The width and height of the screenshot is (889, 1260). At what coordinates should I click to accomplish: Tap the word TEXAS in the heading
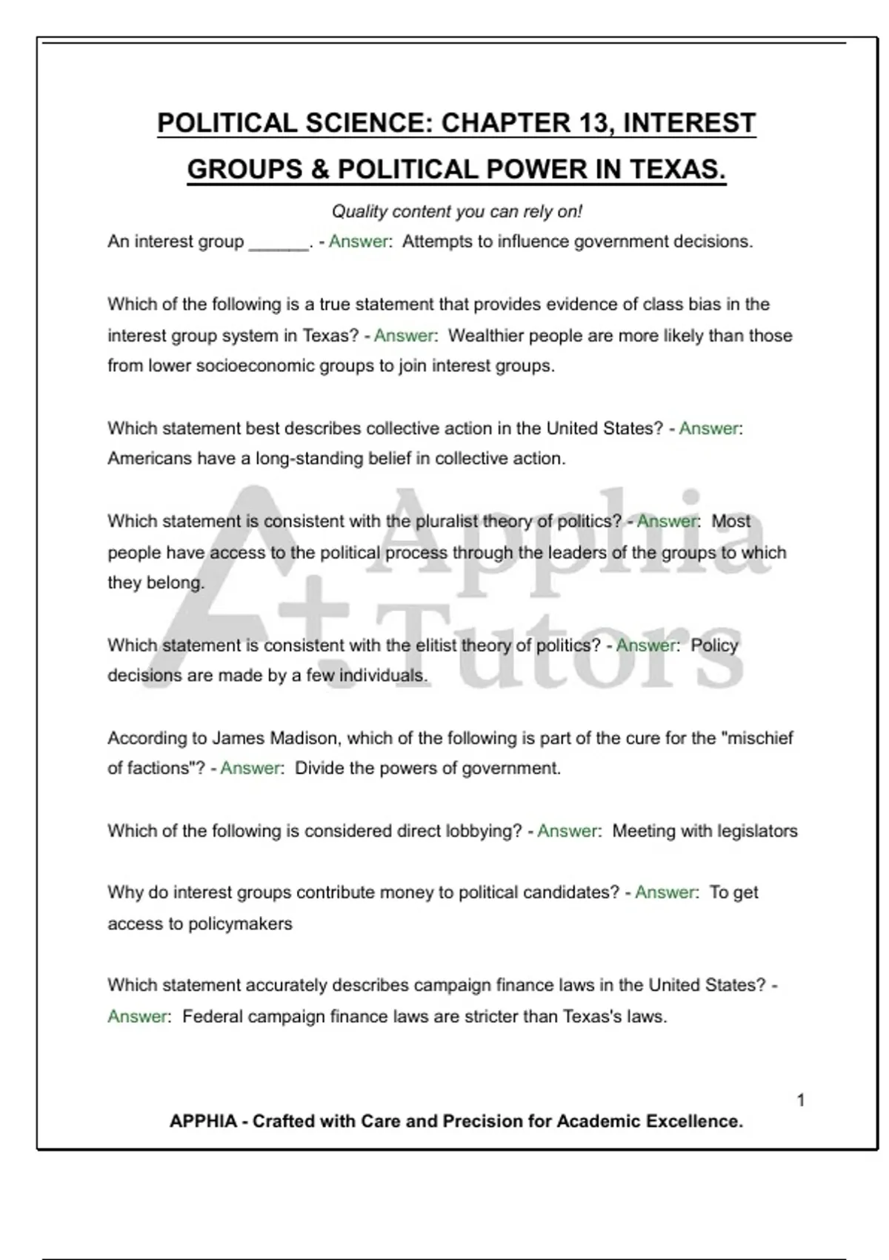coord(676,170)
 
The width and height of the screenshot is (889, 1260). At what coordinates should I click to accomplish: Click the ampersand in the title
coord(319,170)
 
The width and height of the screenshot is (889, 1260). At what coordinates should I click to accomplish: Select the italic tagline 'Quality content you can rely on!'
coord(456,212)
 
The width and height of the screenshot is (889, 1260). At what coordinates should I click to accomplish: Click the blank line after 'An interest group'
coord(279,243)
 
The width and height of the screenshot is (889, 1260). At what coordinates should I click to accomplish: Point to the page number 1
coord(801,1101)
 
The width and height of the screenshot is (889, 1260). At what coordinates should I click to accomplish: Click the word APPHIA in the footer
coord(203,1121)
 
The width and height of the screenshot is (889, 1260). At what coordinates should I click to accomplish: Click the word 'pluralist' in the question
coord(447,522)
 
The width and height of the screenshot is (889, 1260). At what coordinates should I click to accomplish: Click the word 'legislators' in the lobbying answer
coord(756,832)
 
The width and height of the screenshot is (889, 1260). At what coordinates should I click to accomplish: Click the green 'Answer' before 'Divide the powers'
coord(250,769)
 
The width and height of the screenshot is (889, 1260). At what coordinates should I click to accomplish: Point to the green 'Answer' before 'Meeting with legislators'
coord(567,832)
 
